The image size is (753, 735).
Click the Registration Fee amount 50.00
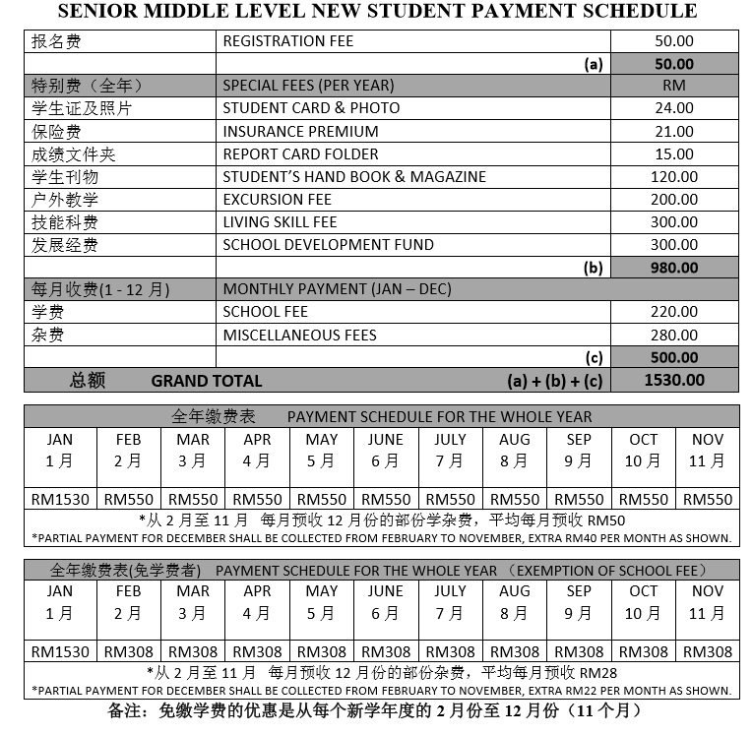(674, 41)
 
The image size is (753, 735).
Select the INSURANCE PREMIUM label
(300, 132)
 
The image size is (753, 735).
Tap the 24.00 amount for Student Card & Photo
(674, 109)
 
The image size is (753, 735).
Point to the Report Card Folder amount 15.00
(674, 154)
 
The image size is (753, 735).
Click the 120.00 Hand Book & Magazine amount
(674, 177)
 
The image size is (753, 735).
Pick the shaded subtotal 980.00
(674, 268)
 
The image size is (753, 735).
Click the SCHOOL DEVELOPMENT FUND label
(328, 245)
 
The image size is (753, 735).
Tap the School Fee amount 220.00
(674, 313)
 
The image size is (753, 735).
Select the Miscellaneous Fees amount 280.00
(674, 336)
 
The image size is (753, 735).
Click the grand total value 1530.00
(674, 381)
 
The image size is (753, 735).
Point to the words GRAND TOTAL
(207, 381)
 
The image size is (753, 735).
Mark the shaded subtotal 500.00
(674, 358)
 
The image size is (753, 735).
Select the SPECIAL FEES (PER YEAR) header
(308, 86)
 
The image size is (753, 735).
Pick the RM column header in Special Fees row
(674, 86)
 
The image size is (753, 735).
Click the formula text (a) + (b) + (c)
(553, 381)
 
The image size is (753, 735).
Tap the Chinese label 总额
(88, 381)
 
